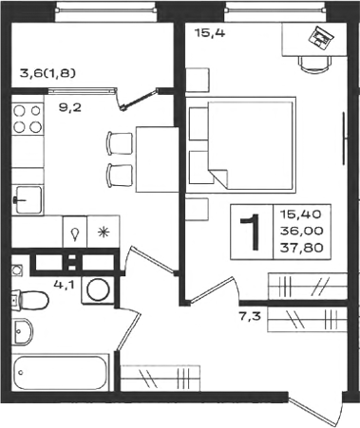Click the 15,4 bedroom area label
[x=210, y=32]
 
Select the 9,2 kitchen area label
[x=70, y=108]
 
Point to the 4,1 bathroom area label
[x=64, y=285]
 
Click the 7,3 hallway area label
[x=250, y=316]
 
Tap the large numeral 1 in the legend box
[x=251, y=232]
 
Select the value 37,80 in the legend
[x=302, y=248]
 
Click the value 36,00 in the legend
[x=302, y=231]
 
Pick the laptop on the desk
[x=321, y=38]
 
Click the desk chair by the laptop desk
[x=314, y=65]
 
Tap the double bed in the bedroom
[x=240, y=145]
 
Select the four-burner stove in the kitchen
[x=28, y=119]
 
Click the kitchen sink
[x=28, y=200]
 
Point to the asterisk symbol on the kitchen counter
[x=104, y=233]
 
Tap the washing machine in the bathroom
[x=98, y=290]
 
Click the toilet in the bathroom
[x=29, y=300]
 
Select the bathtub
[x=61, y=373]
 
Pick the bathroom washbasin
[x=23, y=331]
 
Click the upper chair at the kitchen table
[x=120, y=143]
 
